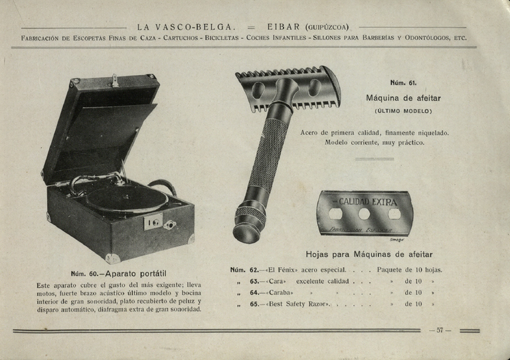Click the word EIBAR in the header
pos(284,27)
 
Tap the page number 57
pos(440,330)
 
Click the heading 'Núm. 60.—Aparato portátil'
pos(118,274)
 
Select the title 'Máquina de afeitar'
pos(403,98)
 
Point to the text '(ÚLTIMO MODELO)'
pos(403,110)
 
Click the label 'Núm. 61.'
pos(403,83)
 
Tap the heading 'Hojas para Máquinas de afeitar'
pos(369,254)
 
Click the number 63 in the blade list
pos(254,281)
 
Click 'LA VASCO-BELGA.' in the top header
pos(187,27)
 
